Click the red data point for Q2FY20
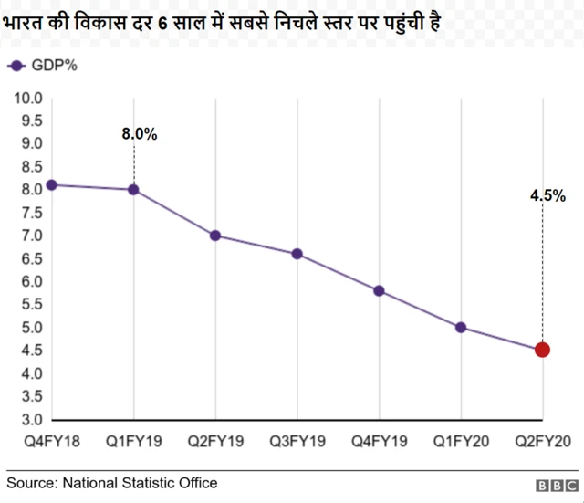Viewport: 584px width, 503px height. (542, 350)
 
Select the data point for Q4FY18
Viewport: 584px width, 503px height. (52, 184)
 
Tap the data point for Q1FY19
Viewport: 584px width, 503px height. (133, 190)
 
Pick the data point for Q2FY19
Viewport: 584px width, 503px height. (215, 236)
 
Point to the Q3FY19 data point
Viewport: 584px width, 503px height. (297, 254)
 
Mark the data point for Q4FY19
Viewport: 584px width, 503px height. (379, 291)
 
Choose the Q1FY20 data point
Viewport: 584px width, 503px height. (461, 327)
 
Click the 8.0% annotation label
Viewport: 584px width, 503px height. (140, 134)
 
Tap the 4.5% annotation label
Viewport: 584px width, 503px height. (547, 195)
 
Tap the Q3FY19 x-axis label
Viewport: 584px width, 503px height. (297, 442)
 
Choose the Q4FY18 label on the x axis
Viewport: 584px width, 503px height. (52, 442)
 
